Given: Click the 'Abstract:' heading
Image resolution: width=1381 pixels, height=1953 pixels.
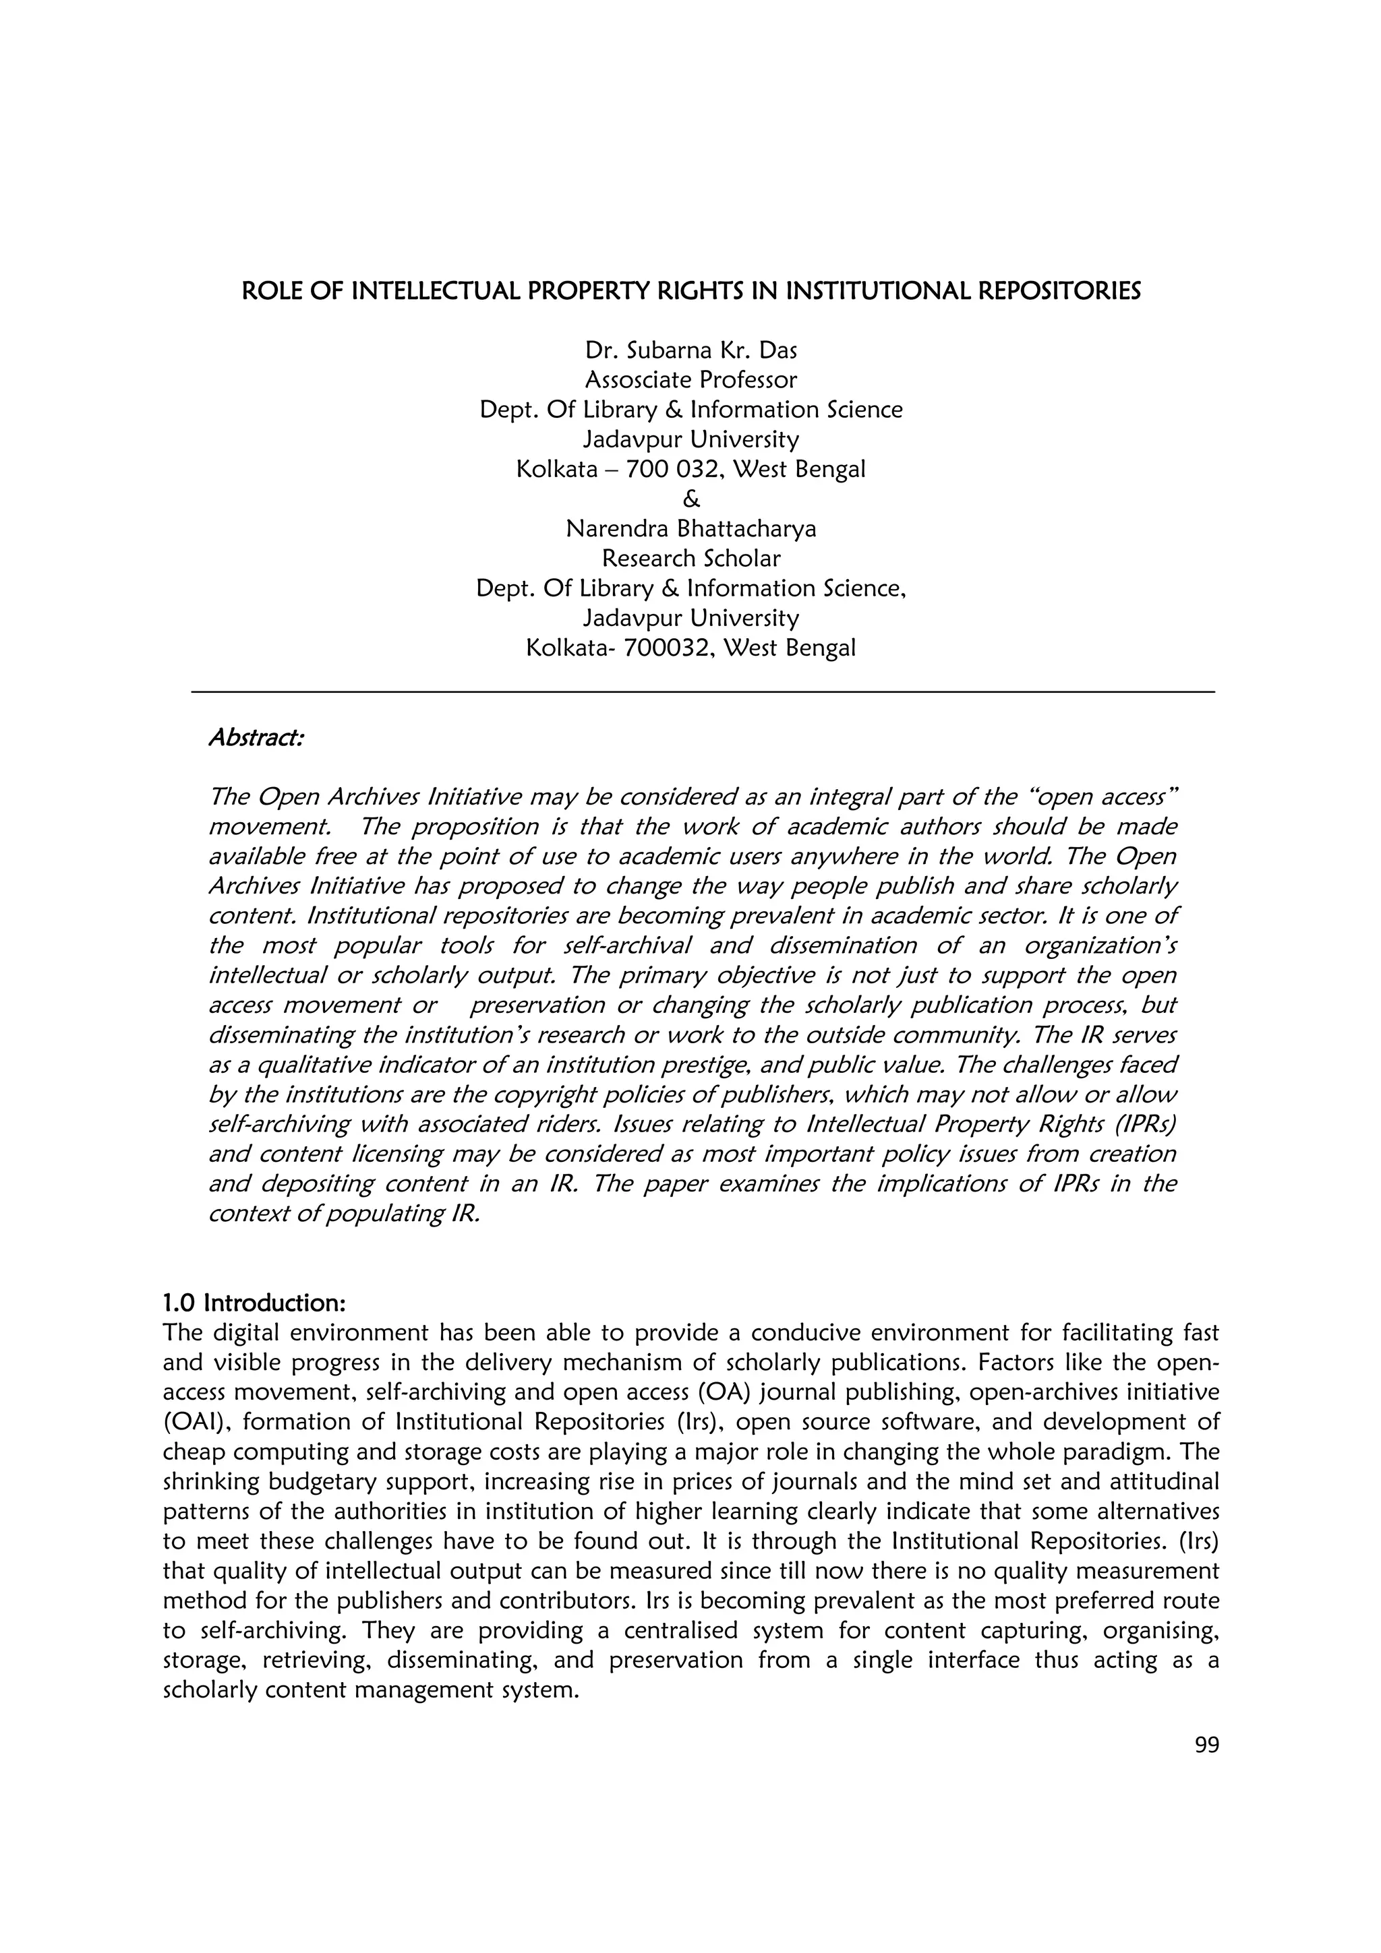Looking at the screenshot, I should pyautogui.click(x=256, y=737).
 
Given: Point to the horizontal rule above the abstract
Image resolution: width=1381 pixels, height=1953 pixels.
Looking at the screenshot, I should pyautogui.click(x=702, y=692).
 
